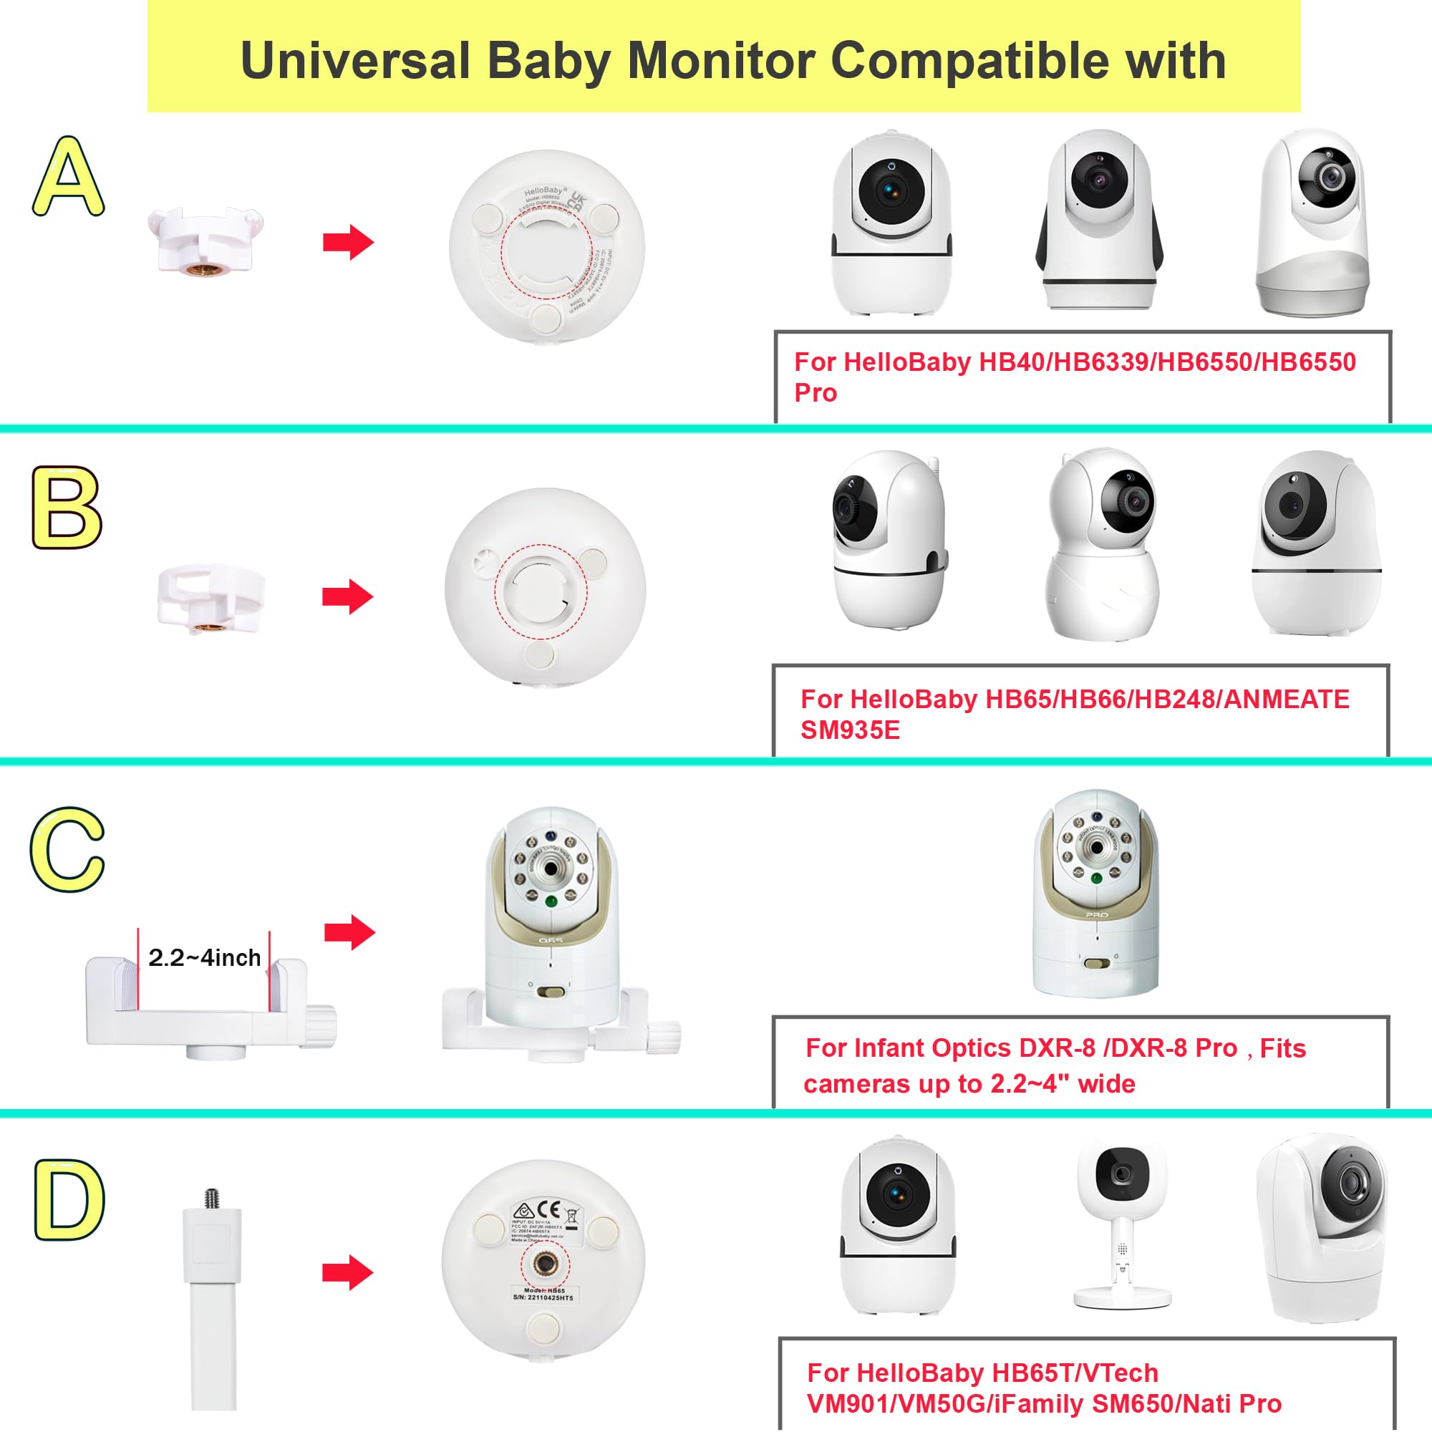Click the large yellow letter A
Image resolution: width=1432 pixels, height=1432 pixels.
tap(68, 177)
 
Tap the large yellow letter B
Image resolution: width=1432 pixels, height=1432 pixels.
tap(67, 508)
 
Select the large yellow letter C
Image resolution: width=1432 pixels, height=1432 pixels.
tap(67, 850)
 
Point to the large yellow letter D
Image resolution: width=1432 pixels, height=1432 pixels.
tap(69, 1200)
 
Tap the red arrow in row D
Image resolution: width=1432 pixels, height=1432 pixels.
tap(347, 1272)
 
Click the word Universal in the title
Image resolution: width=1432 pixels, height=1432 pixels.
tap(356, 61)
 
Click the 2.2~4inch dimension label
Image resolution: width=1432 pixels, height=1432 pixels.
tap(205, 957)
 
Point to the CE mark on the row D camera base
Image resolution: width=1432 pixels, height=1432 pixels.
tap(548, 1208)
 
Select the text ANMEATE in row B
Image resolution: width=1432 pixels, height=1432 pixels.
tap(1285, 699)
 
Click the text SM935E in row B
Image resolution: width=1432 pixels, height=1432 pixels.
tap(849, 730)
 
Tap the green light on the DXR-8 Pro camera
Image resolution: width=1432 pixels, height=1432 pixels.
tap(1095, 879)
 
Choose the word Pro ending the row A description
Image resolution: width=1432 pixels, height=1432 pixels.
tap(816, 393)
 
